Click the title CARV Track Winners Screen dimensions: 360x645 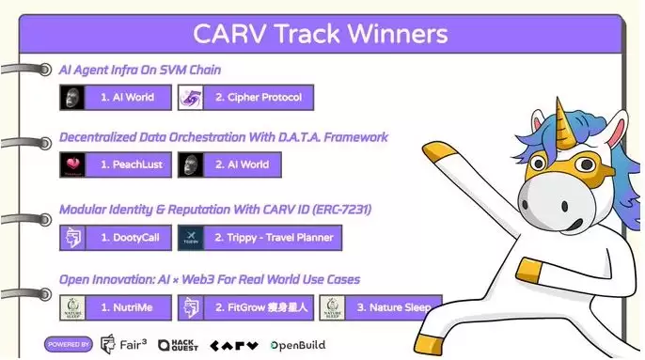point(320,35)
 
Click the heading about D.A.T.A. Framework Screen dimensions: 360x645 point(223,137)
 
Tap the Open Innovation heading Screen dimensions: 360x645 point(209,279)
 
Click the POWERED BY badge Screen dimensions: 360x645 point(68,345)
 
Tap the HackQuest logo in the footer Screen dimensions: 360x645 point(177,345)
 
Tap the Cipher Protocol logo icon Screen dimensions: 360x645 point(191,98)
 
